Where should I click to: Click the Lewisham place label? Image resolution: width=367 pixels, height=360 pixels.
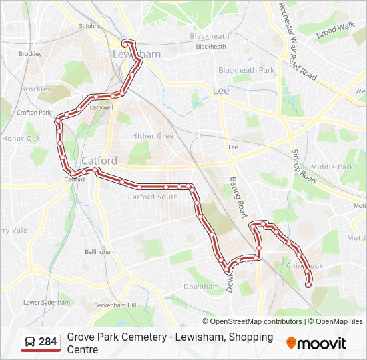click(136, 54)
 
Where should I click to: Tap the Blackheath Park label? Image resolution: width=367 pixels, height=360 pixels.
click(246, 70)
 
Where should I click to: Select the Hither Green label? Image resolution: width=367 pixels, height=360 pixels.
click(155, 136)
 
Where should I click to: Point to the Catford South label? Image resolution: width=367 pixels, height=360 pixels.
click(153, 197)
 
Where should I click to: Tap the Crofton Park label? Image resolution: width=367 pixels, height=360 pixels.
click(34, 113)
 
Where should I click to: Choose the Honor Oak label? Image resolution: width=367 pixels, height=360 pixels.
click(21, 139)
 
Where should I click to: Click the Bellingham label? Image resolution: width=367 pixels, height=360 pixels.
click(100, 252)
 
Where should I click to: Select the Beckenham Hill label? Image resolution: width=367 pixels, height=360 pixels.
click(115, 305)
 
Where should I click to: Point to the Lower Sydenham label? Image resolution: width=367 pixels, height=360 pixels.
click(47, 302)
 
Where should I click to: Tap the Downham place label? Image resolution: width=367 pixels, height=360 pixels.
click(201, 287)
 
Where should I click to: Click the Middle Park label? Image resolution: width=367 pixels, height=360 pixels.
click(332, 167)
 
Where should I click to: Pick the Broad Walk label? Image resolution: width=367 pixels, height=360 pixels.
click(335, 30)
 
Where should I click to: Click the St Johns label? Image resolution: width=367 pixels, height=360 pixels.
click(89, 26)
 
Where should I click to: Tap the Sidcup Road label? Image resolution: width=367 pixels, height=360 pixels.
click(303, 167)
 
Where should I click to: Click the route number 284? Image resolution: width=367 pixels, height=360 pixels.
click(47, 342)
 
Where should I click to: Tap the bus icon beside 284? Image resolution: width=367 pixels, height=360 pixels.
click(30, 342)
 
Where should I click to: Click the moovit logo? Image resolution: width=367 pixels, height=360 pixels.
click(316, 343)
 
